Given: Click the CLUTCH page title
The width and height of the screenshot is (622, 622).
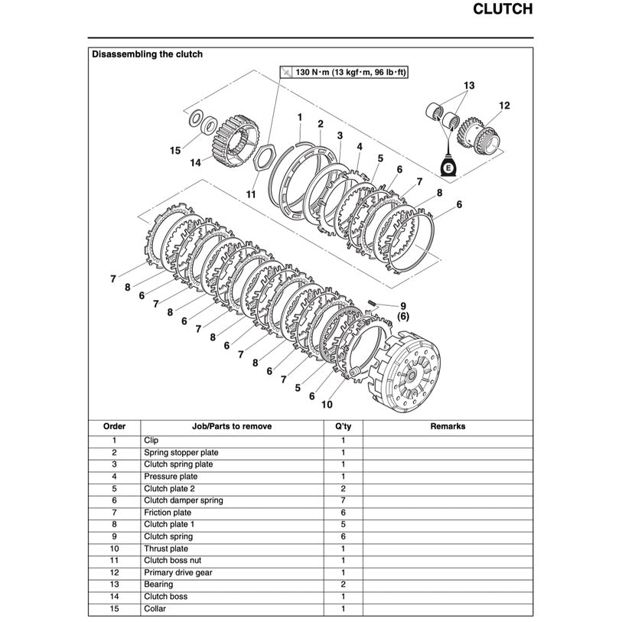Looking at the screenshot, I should click(503, 10).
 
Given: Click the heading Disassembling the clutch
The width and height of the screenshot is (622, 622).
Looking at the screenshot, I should click(147, 54).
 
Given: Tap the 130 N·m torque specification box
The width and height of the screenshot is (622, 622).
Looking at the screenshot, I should click(343, 72).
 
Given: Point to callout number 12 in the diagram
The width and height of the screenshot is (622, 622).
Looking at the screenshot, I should click(504, 106).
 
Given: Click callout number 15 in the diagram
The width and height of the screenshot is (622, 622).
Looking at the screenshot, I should click(175, 150).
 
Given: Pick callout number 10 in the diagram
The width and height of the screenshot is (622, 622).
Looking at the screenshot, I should click(327, 405).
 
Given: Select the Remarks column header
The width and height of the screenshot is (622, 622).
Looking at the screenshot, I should click(448, 427).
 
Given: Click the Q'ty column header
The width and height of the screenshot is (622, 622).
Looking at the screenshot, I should click(343, 427).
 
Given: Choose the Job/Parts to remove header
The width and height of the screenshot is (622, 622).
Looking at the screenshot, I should click(231, 427).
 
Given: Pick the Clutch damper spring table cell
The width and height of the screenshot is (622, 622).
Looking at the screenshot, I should click(184, 500).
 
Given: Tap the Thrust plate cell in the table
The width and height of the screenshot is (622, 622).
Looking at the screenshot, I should click(166, 549).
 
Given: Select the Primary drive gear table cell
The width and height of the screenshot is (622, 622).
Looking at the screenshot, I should click(178, 572).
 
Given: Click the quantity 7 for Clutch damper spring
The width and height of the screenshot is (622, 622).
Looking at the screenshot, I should click(343, 500).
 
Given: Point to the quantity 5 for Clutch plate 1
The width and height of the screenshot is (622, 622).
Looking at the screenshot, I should click(343, 525).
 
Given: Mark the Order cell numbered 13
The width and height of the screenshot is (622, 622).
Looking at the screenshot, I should click(114, 585).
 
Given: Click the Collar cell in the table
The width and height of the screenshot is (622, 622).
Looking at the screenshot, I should click(155, 609).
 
